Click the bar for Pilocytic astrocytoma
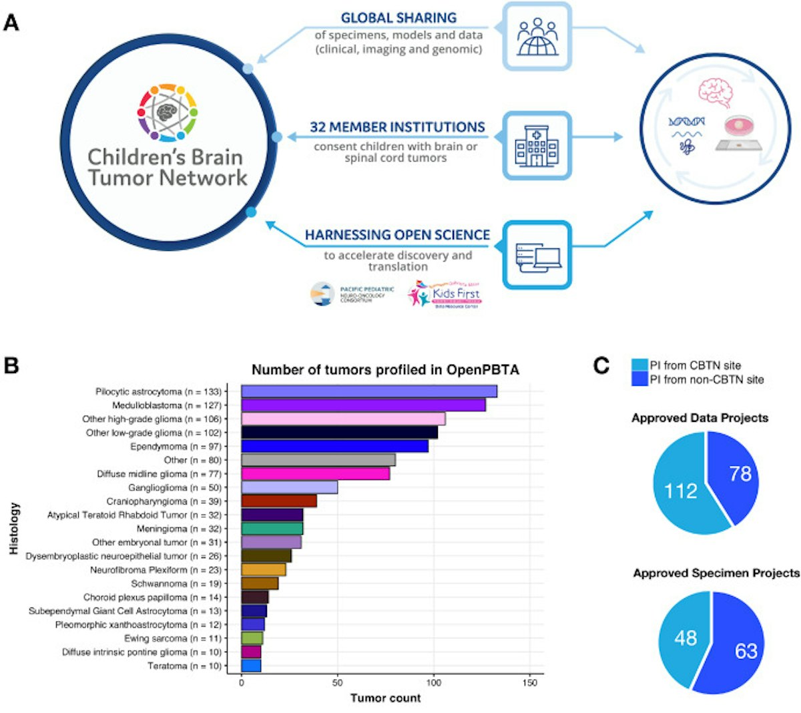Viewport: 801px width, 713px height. (x=368, y=392)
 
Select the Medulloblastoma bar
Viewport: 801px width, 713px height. (x=363, y=405)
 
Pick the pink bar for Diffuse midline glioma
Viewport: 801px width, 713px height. (x=315, y=474)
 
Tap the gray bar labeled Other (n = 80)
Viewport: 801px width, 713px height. (x=318, y=460)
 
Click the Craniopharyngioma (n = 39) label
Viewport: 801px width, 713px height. (x=164, y=501)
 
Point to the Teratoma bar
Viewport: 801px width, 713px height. (x=251, y=666)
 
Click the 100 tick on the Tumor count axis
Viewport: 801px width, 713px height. (x=434, y=683)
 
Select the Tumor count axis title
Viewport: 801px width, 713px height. (x=386, y=698)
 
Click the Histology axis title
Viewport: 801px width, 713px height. (x=15, y=528)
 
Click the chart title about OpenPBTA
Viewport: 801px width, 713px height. (x=385, y=370)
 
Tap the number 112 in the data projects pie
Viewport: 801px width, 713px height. (x=680, y=491)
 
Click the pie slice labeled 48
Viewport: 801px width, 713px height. (x=686, y=638)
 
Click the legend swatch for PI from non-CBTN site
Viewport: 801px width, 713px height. (x=639, y=379)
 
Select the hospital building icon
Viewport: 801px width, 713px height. (x=537, y=146)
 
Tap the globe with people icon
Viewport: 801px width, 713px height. (x=537, y=37)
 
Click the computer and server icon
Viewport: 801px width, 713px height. (x=537, y=255)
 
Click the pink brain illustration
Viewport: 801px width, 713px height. (x=716, y=92)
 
